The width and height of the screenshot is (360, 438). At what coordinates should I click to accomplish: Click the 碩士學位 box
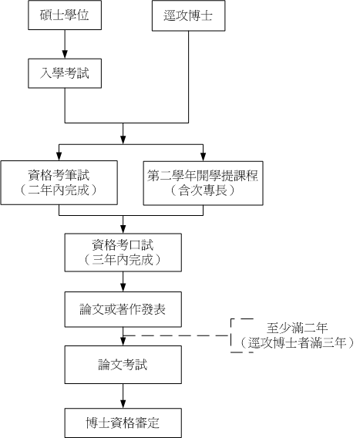65,15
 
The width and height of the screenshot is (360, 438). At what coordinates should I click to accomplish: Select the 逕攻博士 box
189,15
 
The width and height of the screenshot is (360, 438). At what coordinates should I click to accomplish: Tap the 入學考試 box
65,73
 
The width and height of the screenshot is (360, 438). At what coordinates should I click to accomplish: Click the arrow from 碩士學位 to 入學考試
65,44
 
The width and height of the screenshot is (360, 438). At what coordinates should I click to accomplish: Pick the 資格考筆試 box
59,183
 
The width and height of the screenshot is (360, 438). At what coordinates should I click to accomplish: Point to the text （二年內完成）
59,190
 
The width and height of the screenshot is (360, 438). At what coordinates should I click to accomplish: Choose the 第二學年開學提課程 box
203,184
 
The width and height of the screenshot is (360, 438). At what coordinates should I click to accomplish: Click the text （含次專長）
203,190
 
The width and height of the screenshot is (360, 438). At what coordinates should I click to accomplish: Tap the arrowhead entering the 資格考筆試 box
59,157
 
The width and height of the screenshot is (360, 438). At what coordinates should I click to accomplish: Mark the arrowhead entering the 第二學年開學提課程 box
203,157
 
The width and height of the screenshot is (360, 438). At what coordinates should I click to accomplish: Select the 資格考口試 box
123,252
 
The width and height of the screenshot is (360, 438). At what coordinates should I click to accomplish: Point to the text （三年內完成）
123,260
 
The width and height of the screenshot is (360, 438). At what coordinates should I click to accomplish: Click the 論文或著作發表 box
123,309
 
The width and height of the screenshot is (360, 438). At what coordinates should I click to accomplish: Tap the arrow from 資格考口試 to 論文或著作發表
123,281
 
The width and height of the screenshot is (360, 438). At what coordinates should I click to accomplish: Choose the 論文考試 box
123,365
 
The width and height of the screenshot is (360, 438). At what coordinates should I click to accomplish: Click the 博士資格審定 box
123,423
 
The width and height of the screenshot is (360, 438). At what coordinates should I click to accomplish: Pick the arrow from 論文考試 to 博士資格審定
123,396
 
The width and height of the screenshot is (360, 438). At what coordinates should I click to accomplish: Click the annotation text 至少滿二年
297,328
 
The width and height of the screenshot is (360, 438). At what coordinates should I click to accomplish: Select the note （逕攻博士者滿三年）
297,342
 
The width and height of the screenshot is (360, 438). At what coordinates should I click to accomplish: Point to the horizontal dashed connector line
177,335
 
